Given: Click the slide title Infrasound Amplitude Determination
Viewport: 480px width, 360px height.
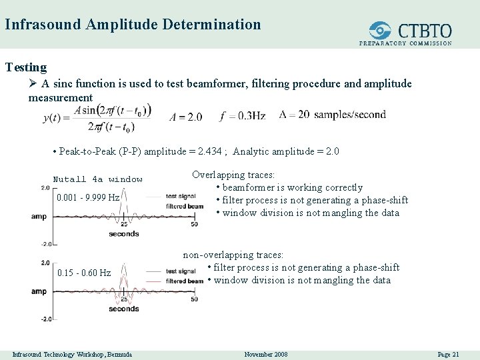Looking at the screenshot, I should (133, 25).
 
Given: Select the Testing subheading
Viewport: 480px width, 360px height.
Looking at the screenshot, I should (26, 67).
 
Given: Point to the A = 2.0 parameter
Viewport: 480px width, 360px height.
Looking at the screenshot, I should (185, 117).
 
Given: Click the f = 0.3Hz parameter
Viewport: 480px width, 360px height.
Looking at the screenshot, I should (242, 116).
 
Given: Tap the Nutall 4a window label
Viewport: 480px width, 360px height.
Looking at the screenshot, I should (98, 179).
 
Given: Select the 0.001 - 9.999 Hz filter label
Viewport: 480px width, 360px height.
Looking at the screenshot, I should (88, 197).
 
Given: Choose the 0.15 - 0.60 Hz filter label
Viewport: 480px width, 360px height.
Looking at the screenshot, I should (84, 273).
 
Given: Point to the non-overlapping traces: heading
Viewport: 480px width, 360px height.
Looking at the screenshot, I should (233, 255).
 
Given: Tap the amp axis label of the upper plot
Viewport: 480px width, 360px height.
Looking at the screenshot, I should (39, 216).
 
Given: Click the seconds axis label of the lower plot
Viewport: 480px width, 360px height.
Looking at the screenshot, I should (123, 309).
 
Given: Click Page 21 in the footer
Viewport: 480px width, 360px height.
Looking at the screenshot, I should (448, 354).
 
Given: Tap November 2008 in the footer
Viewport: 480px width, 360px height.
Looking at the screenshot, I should (266, 354).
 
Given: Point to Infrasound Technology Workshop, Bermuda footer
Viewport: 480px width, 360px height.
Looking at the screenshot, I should (72, 354).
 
